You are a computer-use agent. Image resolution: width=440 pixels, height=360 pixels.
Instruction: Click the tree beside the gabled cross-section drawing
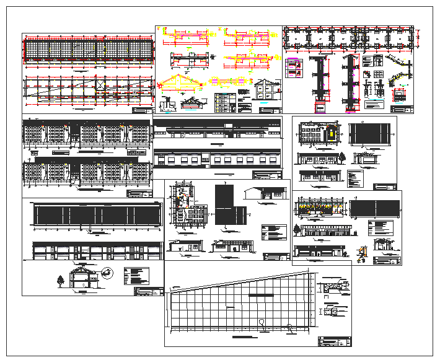coord(60,281)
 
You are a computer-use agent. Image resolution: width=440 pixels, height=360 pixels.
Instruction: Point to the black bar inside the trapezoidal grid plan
coord(261,296)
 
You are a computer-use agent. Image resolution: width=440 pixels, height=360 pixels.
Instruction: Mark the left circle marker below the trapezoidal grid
coord(262,322)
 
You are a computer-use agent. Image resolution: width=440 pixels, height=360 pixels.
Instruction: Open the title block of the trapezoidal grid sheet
coord(333,340)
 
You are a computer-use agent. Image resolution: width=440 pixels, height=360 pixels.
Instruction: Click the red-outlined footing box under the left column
coord(320,107)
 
